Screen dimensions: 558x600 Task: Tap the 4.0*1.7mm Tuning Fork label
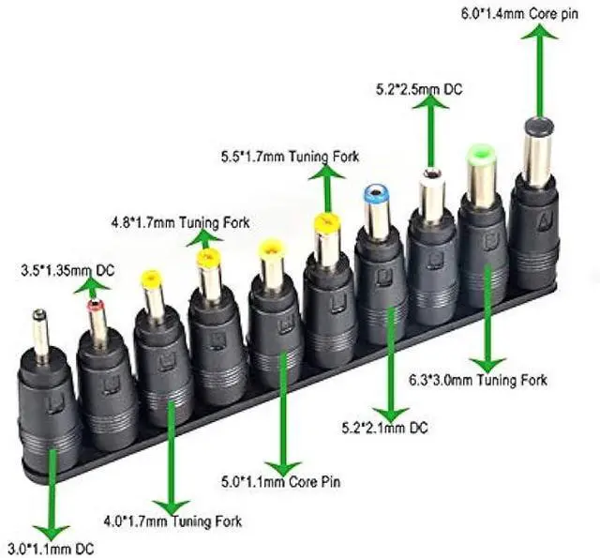[172, 520]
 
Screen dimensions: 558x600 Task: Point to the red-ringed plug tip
[95, 306]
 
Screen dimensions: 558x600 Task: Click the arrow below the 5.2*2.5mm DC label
[432, 131]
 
